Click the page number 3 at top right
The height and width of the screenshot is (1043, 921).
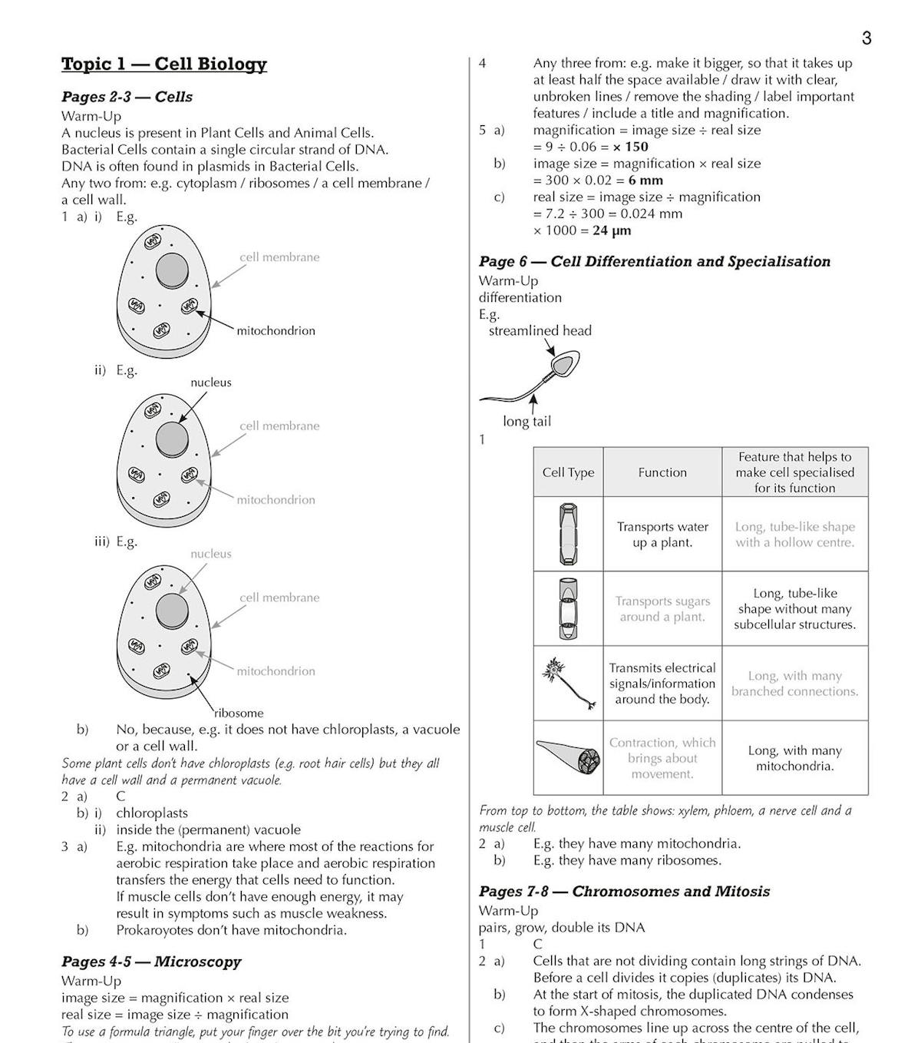(867, 38)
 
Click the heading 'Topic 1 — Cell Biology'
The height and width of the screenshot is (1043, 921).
(163, 64)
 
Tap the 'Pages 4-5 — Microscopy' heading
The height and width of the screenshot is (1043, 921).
(151, 962)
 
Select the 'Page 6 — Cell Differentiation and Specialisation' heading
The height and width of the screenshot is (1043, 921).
(654, 261)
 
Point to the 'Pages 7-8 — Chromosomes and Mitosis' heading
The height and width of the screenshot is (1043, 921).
(624, 892)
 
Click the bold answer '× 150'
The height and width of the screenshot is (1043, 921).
(630, 147)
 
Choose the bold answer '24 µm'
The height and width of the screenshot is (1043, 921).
(612, 230)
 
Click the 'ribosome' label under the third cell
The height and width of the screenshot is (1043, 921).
(239, 713)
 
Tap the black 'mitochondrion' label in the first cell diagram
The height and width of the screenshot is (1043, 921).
(276, 331)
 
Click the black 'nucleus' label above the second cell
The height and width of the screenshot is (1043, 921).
(211, 382)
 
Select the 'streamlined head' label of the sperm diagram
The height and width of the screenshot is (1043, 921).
(540, 331)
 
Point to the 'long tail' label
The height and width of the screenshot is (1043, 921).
(527, 422)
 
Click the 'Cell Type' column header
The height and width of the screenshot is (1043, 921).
(568, 472)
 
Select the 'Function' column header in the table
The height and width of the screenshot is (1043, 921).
(662, 472)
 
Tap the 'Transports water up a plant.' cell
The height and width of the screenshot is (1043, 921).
(662, 535)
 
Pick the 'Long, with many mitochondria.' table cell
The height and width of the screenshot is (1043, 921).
(794, 758)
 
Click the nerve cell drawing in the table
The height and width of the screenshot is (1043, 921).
(569, 682)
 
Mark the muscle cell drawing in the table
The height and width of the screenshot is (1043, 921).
(569, 757)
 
